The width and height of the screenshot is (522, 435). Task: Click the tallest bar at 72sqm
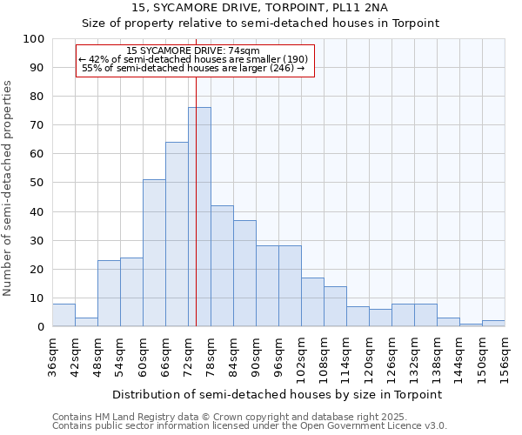pos(199,217)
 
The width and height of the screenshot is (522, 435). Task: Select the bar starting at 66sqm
pos(177,235)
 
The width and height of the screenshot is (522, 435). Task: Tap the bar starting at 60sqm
pos(154,253)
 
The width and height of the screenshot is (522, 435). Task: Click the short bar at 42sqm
pos(86,322)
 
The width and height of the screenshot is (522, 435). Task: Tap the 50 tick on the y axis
pos(37,183)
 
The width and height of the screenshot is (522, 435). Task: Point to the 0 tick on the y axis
pos(41,327)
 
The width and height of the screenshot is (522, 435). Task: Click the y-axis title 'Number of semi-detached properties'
pos(9,188)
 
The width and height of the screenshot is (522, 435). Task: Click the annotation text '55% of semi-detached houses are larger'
pos(192,68)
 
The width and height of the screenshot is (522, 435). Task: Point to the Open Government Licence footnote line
pos(250,426)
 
